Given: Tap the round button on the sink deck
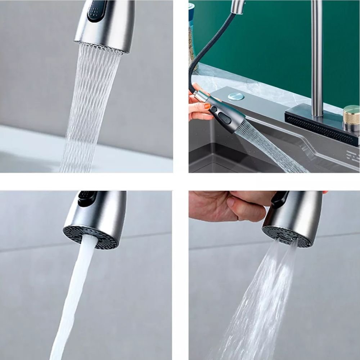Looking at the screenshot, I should tap(236, 96).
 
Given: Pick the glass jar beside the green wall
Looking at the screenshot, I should tap(192, 36).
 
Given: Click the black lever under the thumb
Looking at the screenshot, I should tap(279, 200).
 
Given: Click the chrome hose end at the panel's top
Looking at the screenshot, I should tap(238, 6).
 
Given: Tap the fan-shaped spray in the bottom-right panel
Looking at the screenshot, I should tap(259, 306).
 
